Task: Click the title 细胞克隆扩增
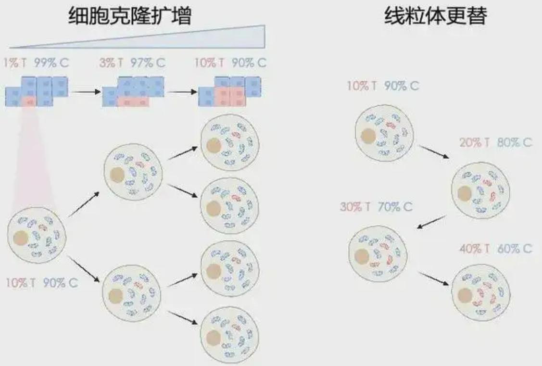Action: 130,15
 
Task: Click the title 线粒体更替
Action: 436,15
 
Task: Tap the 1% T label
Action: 15,63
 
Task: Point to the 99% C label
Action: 51,63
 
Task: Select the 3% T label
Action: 111,63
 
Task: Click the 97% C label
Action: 148,63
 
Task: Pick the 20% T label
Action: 475,142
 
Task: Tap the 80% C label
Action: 515,142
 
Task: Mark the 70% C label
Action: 395,207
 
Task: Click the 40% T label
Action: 475,249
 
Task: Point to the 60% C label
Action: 515,249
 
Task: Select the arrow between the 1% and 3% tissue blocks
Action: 87,92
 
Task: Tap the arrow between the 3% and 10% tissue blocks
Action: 183,92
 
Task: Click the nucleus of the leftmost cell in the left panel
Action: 21,239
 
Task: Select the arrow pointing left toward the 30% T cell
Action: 431,222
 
